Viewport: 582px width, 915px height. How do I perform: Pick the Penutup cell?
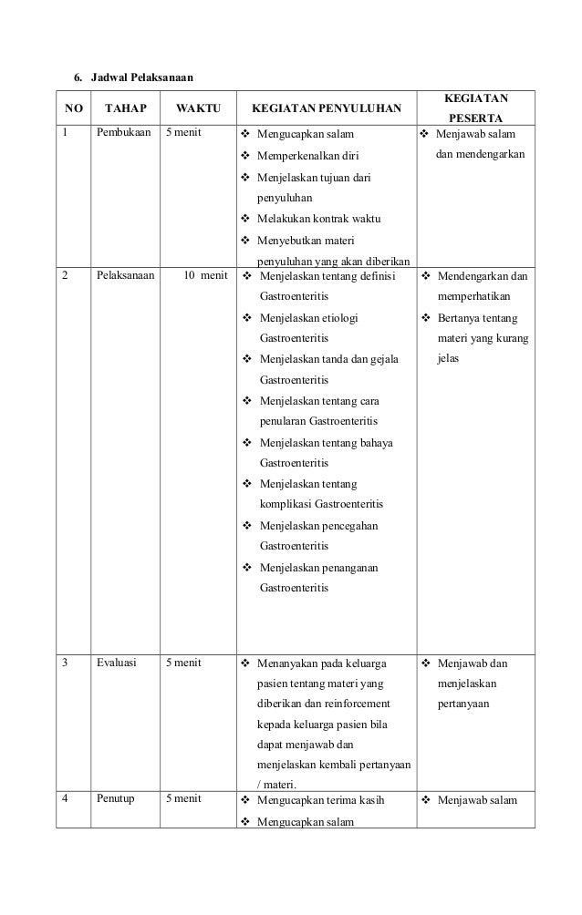pos(116,800)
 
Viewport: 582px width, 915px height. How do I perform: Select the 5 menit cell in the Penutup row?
pos(182,800)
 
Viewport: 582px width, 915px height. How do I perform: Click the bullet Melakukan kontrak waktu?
pos(318,219)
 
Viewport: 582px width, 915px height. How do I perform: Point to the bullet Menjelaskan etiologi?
pos(309,317)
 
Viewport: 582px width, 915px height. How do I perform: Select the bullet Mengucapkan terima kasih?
pos(322,801)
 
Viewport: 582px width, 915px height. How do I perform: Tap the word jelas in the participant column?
pos(449,358)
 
